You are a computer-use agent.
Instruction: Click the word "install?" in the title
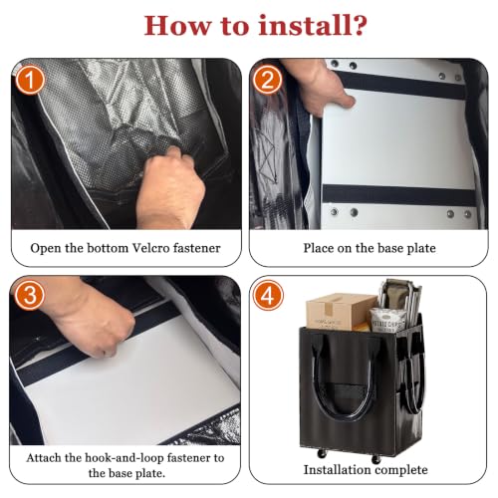click(x=313, y=25)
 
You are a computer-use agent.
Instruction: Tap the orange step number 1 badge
click(x=30, y=80)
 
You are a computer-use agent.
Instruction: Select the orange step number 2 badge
click(x=268, y=80)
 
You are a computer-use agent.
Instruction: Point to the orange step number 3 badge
click(x=30, y=295)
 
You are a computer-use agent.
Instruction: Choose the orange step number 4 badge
click(x=268, y=295)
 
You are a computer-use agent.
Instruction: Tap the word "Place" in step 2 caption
click(x=319, y=248)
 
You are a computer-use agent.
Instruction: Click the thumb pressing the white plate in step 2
click(x=344, y=99)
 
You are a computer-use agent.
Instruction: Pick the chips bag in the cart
click(x=387, y=320)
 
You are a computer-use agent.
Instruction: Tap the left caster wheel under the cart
click(x=321, y=453)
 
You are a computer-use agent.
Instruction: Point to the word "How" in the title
click(x=177, y=25)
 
